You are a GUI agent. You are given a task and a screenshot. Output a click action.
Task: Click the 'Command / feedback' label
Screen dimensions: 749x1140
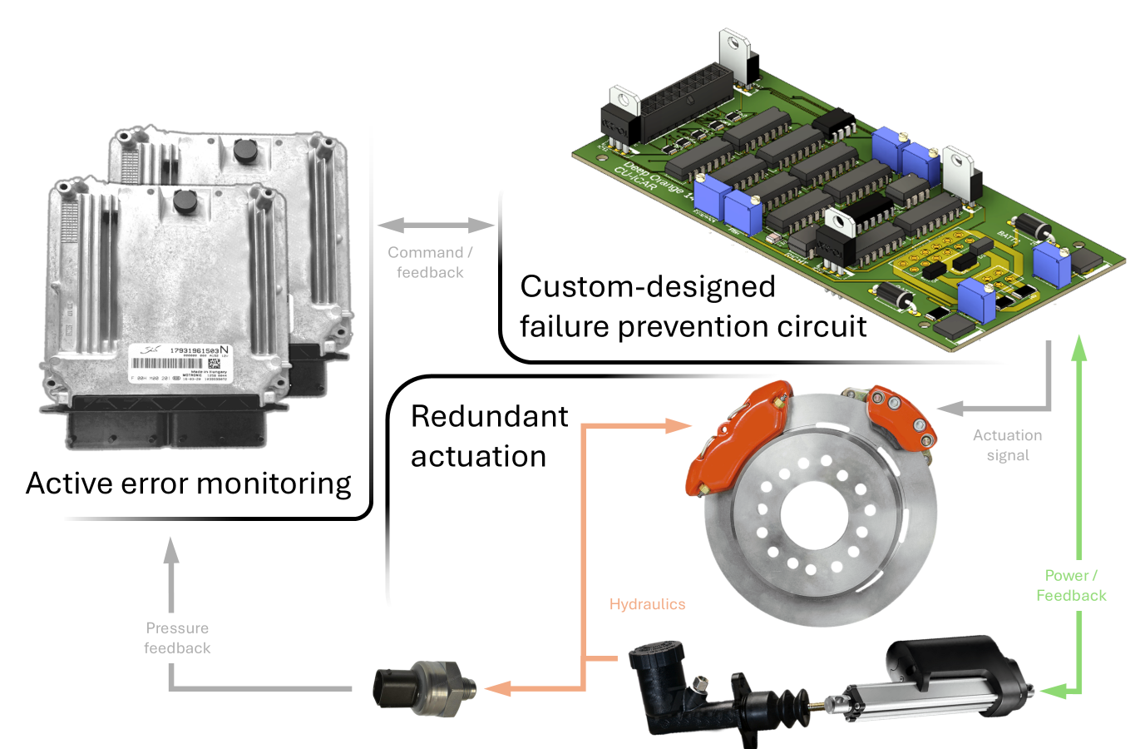point(430,262)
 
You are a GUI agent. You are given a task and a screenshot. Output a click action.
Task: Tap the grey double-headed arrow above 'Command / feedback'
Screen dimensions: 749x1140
point(436,225)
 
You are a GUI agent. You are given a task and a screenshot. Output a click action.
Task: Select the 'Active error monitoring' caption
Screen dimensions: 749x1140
point(189,483)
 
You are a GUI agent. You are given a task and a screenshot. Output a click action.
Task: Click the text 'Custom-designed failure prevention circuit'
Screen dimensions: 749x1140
point(693,306)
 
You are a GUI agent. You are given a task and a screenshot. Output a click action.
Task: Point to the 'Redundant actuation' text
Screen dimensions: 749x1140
point(489,436)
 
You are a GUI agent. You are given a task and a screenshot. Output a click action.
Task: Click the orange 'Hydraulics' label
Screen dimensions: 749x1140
point(647,604)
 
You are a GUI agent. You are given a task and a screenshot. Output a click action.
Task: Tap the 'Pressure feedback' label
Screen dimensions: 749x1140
point(177,637)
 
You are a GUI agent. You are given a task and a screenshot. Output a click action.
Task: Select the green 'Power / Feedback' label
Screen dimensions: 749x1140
point(1071,585)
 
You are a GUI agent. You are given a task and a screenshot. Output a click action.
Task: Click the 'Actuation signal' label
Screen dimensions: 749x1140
point(1007,445)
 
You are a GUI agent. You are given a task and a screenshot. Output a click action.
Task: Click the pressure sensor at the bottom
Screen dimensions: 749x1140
point(424,688)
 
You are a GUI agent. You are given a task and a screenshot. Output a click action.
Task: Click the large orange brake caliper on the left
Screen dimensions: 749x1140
point(736,437)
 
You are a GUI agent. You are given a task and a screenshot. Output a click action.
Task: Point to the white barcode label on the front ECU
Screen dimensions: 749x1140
point(179,364)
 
